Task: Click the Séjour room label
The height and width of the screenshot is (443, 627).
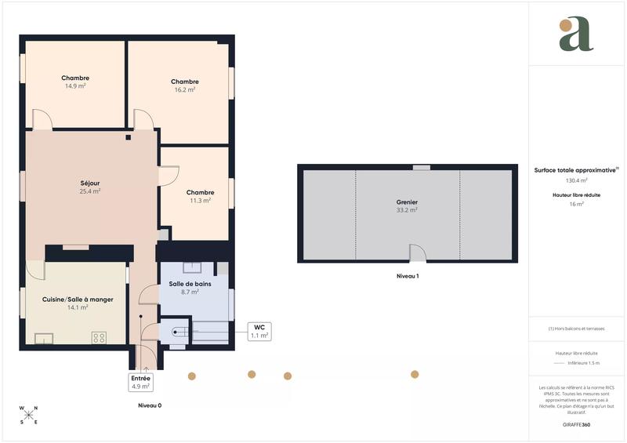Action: point(90,183)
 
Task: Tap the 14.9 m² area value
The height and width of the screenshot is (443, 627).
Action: point(75,86)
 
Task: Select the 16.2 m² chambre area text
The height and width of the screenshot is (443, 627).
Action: point(185,90)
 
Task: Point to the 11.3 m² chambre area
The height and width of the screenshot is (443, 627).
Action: point(200,201)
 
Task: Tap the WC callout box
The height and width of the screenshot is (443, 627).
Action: point(259,331)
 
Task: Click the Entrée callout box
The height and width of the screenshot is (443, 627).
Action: point(141,382)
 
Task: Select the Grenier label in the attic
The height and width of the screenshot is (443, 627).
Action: point(407,202)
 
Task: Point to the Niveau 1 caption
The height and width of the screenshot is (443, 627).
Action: point(408,276)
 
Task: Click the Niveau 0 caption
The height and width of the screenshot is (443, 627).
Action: point(150,405)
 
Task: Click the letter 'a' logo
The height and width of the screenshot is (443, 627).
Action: point(576,34)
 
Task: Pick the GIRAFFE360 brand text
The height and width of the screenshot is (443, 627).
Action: point(576,423)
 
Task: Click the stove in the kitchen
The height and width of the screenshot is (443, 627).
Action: point(100,338)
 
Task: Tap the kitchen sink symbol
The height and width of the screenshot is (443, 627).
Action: point(43,339)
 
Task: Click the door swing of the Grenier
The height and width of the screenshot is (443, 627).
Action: point(418,253)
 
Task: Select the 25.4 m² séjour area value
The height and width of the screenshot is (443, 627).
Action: point(90,191)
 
